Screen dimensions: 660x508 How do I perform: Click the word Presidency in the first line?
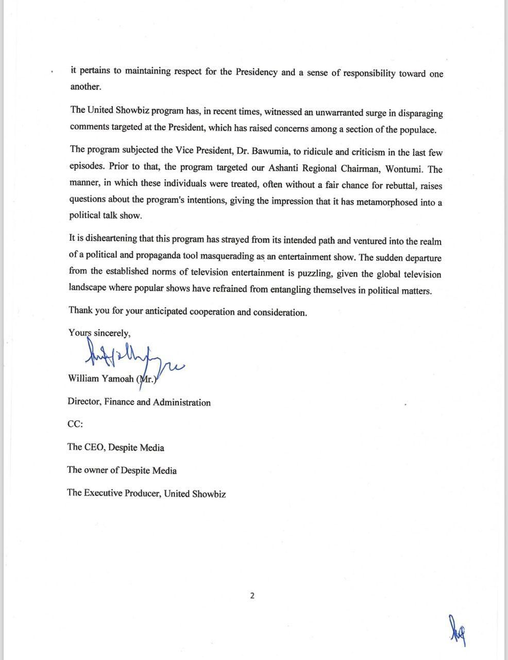point(256,72)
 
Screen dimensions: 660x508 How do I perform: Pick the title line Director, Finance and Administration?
point(139,402)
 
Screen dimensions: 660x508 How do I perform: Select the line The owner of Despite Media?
point(122,470)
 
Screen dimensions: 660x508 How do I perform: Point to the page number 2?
point(252,596)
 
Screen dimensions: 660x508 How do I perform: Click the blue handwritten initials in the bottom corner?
point(458,631)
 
